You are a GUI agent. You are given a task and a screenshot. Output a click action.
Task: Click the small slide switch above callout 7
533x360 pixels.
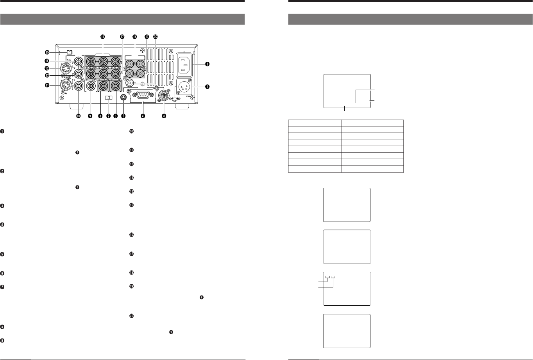[109, 98]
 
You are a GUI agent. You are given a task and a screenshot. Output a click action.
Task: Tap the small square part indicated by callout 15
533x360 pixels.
[70, 52]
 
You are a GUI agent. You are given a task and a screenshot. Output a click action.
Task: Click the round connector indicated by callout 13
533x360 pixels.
[65, 69]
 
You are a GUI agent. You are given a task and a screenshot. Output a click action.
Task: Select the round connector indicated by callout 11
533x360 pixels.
[65, 86]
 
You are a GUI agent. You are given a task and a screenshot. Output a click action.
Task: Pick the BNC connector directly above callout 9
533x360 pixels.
[90, 86]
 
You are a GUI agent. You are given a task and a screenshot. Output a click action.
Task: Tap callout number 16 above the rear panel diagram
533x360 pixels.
[103, 36]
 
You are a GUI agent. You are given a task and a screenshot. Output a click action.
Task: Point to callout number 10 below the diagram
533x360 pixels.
[78, 116]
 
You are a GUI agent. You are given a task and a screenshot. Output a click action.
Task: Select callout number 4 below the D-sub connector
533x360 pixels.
[143, 116]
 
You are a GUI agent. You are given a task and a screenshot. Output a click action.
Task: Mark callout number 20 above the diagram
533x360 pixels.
[156, 36]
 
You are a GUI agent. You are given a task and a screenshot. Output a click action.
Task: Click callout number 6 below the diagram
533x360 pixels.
[116, 116]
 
